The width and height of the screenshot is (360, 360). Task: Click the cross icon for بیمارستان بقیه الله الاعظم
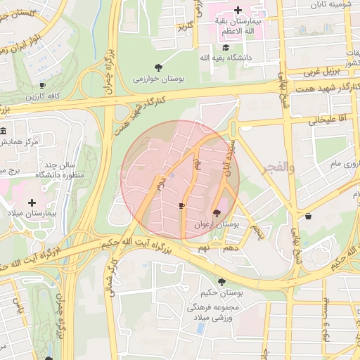tap(238, 11)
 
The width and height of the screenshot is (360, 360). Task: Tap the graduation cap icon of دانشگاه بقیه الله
tap(225, 47)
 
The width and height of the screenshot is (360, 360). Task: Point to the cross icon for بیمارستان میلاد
tap(32, 202)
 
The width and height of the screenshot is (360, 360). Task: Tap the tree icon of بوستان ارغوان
tap(215, 212)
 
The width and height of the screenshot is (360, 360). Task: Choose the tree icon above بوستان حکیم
tap(222, 282)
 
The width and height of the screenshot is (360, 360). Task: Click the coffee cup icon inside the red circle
tap(181, 205)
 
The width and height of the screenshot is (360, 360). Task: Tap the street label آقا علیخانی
tap(323, 120)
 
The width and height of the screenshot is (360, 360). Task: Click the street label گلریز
tap(184, 27)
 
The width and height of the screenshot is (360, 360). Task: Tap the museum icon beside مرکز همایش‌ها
tap(4, 131)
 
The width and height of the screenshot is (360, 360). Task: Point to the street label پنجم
tap(262, 231)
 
